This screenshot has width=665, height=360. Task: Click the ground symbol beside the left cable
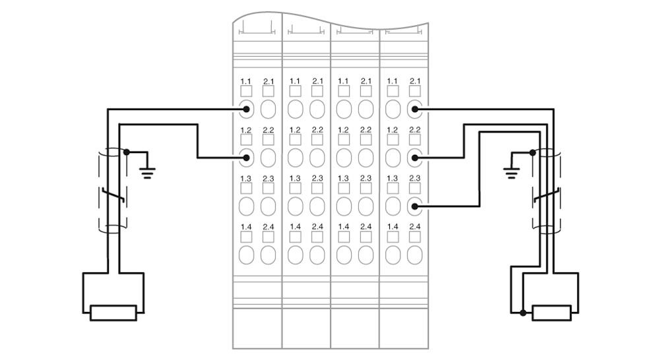(147, 173)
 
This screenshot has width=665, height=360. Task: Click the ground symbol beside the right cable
(511, 173)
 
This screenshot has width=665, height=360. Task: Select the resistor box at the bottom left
(113, 313)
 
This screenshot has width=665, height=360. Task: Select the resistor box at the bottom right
(552, 313)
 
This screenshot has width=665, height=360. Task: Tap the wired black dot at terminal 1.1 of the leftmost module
(246, 109)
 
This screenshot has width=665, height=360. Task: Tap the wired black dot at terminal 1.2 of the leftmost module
(246, 158)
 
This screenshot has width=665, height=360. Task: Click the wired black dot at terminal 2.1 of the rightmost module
(415, 109)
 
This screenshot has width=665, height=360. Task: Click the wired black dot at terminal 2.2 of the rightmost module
(415, 158)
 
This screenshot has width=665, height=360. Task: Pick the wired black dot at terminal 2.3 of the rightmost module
(415, 206)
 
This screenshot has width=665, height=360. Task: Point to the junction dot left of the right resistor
(523, 313)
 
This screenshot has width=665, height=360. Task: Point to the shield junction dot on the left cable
(127, 152)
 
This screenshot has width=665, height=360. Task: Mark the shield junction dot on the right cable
(532, 152)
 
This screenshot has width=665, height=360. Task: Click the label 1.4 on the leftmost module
(246, 227)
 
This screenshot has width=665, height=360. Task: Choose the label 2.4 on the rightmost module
(415, 227)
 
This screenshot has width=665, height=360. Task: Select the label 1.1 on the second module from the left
(295, 81)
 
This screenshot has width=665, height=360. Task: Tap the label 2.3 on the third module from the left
(365, 179)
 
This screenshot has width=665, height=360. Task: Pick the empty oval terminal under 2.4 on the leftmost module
(268, 255)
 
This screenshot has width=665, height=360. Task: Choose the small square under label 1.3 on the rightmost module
(393, 189)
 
